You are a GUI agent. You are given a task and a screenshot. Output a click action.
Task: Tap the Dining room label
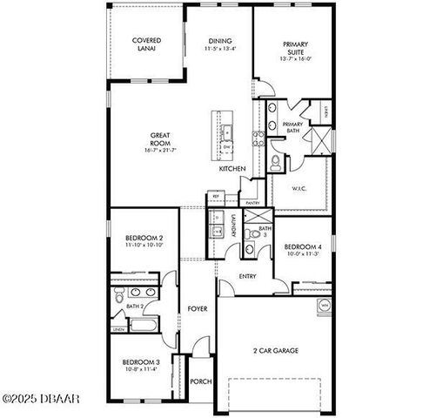point(219,40)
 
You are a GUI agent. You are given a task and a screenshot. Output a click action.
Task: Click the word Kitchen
point(232,168)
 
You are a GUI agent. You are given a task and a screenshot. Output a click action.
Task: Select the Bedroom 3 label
point(139,361)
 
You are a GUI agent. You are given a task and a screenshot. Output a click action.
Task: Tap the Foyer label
point(196,309)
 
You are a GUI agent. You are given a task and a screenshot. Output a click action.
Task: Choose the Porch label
point(201,381)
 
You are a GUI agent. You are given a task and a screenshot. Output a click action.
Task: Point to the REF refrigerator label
point(217,197)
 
